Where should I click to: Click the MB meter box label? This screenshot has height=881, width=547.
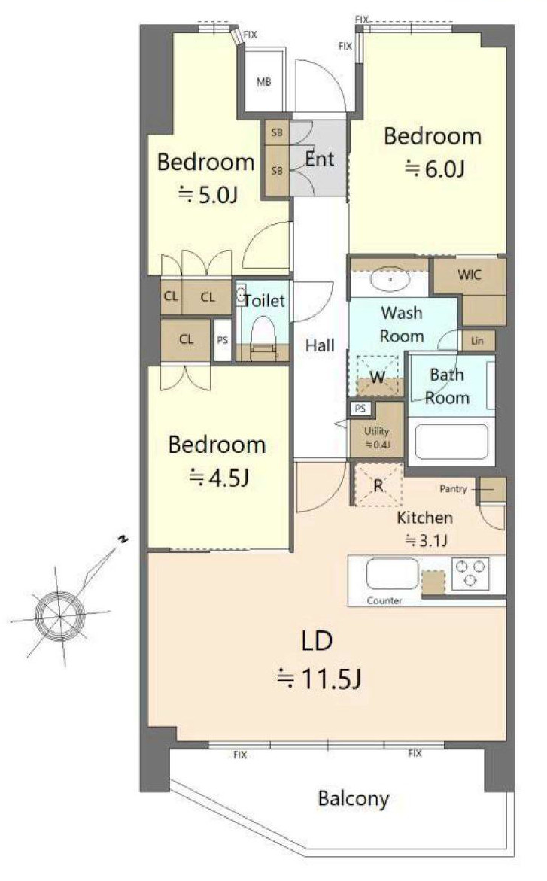click(263, 82)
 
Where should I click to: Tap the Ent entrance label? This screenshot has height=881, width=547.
click(319, 159)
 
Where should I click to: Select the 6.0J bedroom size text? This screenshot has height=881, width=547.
click(435, 168)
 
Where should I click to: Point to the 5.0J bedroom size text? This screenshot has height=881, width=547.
click(208, 194)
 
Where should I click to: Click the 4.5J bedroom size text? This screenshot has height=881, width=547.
click(219, 478)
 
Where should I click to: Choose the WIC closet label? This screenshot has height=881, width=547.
click(470, 275)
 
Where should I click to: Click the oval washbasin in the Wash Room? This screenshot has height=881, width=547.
click(390, 279)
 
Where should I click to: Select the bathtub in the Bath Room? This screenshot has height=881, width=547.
click(451, 441)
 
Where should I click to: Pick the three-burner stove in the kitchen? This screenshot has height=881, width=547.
click(471, 573)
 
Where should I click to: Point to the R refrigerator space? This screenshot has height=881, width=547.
click(378, 485)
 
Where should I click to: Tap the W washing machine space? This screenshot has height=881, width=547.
click(378, 375)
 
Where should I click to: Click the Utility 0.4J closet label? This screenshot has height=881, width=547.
click(377, 438)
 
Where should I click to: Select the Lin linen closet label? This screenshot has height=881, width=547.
click(477, 341)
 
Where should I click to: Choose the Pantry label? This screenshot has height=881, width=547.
click(453, 489)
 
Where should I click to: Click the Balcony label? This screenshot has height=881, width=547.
click(354, 798)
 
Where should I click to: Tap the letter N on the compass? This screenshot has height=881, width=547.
click(123, 540)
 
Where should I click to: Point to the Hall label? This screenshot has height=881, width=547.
click(320, 345)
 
